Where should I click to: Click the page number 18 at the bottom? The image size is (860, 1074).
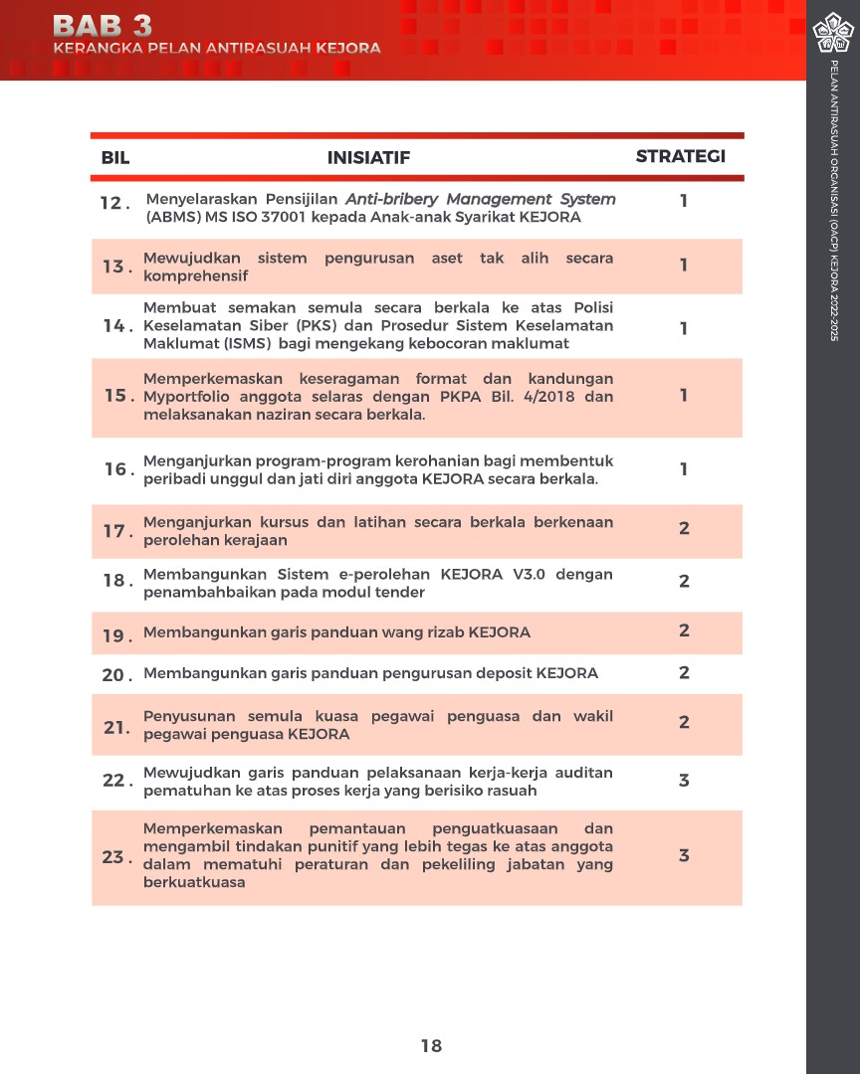(x=431, y=1045)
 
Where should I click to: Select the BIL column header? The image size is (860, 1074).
(x=115, y=157)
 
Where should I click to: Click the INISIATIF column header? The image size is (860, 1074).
(x=368, y=157)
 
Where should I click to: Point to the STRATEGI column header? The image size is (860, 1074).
(x=681, y=156)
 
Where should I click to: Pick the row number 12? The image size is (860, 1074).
(x=113, y=203)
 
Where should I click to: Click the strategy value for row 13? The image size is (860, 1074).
(x=684, y=266)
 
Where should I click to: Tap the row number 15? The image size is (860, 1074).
(x=117, y=396)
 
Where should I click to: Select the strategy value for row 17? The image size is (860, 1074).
(x=684, y=529)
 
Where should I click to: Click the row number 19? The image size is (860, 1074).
(x=115, y=634)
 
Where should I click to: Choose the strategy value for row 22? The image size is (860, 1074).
(x=684, y=781)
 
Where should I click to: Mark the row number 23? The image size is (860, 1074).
(x=115, y=856)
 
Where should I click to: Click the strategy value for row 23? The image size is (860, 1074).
(x=684, y=855)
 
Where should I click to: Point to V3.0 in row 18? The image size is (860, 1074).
(x=526, y=575)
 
